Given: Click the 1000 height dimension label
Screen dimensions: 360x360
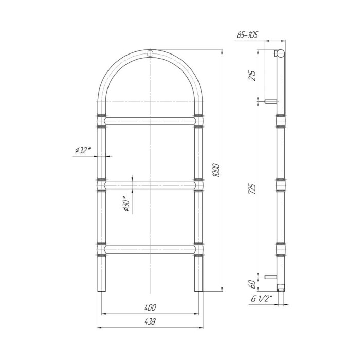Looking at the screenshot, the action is [217, 170].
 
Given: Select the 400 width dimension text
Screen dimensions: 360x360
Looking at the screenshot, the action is [150, 308].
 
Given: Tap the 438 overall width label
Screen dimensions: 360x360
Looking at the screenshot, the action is [150, 321].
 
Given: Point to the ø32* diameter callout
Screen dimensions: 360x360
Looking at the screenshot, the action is [83, 150].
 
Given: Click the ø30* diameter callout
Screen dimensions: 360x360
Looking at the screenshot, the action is [127, 204].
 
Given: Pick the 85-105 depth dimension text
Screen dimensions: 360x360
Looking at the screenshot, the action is [247, 35].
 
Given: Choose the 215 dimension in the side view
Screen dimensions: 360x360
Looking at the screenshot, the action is [253, 76].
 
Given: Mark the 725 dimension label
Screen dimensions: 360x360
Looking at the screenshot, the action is [253, 189].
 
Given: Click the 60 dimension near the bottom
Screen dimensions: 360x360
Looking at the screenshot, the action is [253, 284].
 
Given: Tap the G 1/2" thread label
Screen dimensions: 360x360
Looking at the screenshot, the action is [261, 299].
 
